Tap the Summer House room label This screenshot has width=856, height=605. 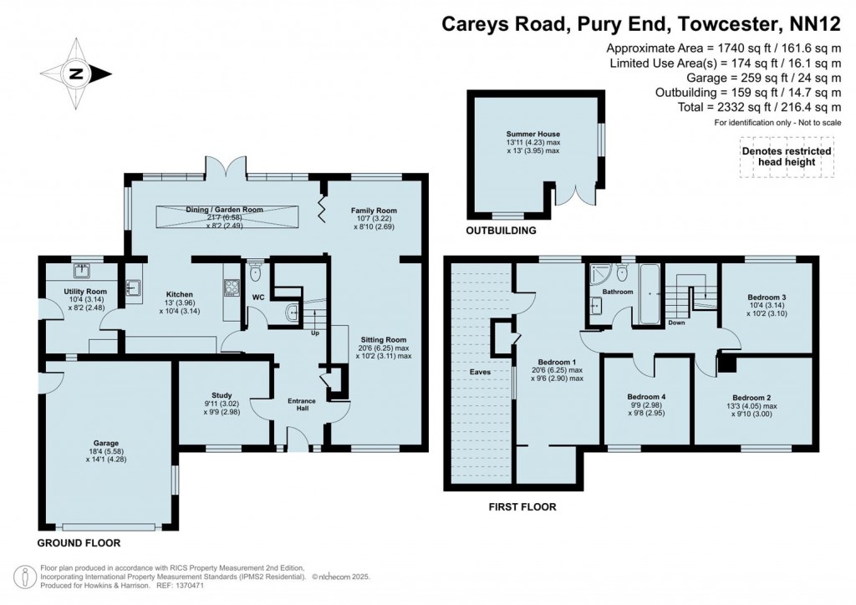pyautogui.click(x=532, y=134)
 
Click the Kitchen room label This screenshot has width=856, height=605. pyautogui.click(x=179, y=295)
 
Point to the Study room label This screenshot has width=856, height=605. pyautogui.click(x=222, y=395)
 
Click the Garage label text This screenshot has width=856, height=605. pyautogui.click(x=105, y=443)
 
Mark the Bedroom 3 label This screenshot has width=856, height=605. pyautogui.click(x=766, y=297)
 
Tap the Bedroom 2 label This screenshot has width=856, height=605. pyautogui.click(x=751, y=397)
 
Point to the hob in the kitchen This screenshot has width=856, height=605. pyautogui.click(x=231, y=288)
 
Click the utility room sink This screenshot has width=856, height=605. pyautogui.click(x=82, y=271)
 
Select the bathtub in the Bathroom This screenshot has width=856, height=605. pyautogui.click(x=649, y=293)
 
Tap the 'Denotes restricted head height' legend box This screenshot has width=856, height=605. pyautogui.click(x=786, y=157)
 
